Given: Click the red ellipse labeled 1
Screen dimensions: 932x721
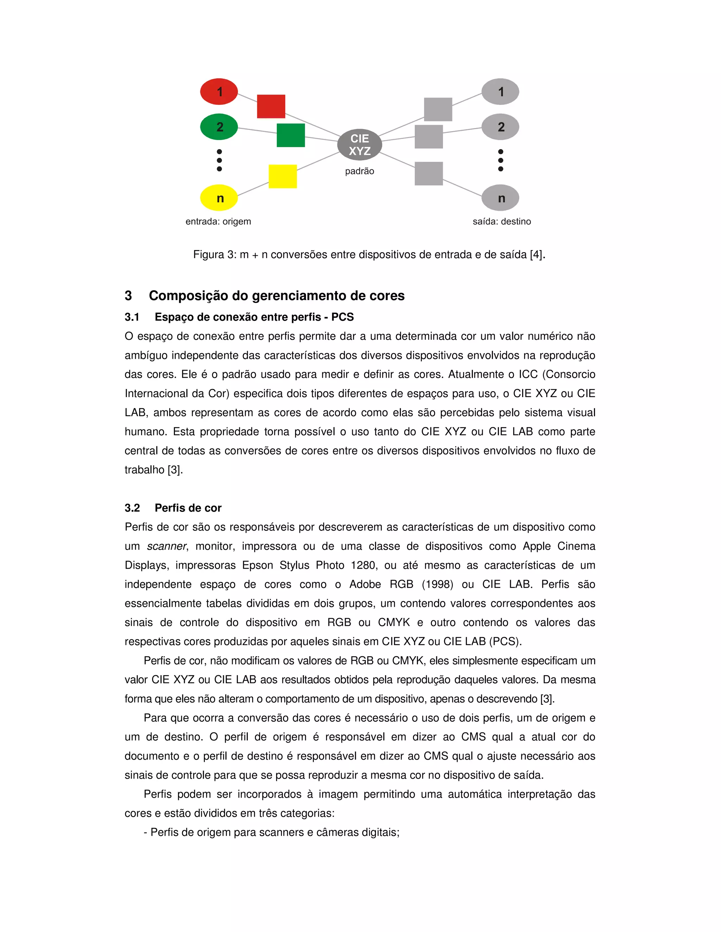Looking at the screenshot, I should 219,91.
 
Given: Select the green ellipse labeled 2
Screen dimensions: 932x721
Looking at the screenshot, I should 219,127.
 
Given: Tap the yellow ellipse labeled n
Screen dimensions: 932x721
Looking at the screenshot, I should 219,198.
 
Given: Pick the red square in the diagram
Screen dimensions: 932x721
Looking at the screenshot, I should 271,106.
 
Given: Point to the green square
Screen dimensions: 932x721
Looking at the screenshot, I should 290,135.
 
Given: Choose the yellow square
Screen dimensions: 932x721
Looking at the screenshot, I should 282,176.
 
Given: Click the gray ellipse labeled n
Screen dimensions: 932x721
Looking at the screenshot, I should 500,198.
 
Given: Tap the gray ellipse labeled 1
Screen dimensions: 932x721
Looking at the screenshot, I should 500,91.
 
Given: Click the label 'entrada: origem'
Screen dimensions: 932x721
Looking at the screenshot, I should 218,222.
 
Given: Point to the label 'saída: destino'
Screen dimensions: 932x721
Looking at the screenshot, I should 501,222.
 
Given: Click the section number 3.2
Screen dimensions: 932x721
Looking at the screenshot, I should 132,508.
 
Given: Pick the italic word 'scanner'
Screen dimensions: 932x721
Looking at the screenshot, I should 167,546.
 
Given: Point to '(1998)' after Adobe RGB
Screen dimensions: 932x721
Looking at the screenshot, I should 437,584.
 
